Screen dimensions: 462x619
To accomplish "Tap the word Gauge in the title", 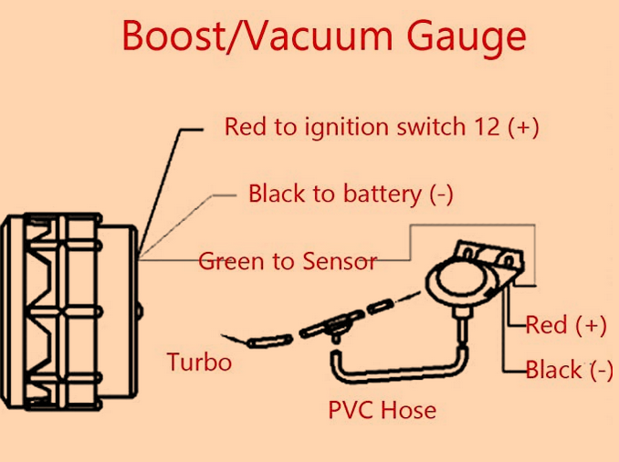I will pos(467,38).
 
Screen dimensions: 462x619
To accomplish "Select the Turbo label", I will pos(199,362).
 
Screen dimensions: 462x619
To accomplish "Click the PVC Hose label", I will pos(382,409).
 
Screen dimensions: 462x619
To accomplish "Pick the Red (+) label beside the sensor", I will pos(566,324).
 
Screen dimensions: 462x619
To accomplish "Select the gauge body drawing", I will pos(68,310).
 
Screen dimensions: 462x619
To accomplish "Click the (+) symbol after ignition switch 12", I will pos(524,127).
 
